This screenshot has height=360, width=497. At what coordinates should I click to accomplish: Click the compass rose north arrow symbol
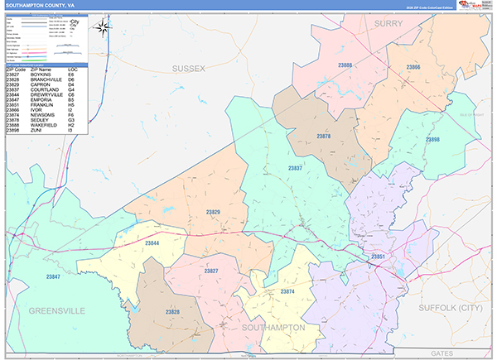pos(104,27)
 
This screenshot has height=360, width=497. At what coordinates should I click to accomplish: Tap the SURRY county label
pos(388,24)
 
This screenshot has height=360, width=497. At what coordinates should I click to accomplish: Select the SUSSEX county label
pos(188,68)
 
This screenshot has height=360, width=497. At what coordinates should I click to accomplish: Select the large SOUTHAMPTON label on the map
pos(273,328)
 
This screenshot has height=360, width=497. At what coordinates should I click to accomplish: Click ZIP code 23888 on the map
pos(345,65)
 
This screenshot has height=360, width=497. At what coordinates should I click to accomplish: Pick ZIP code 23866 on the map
pos(413,67)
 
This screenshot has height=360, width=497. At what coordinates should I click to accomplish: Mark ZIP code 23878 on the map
pos(324,137)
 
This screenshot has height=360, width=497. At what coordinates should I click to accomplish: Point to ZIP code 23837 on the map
pos(294,168)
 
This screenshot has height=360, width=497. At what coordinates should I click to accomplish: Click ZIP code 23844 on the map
pos(152,243)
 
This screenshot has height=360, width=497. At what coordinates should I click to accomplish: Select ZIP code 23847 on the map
pos(53,276)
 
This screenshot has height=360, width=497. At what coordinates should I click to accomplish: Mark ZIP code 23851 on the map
pos(378,258)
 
